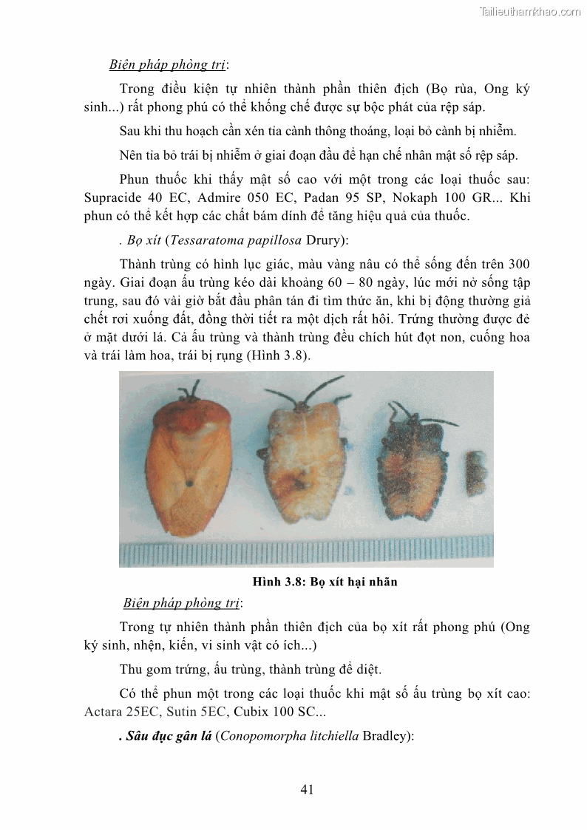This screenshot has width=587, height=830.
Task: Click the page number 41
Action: coord(308,789)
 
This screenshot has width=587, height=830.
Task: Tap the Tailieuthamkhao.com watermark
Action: coord(530,11)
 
